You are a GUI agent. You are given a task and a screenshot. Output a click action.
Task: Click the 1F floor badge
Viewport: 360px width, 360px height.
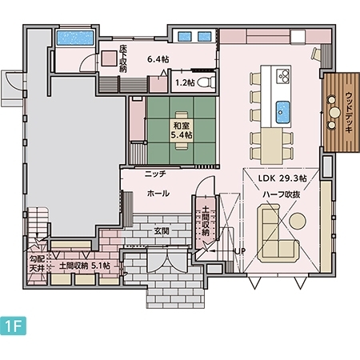pos(13,326)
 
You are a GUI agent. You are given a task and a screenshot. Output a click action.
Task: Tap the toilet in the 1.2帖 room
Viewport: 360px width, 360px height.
pos(206,82)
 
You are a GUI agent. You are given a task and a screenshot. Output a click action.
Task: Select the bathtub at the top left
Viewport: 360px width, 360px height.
pos(75,38)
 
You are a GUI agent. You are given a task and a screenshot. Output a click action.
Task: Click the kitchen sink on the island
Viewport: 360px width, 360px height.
pos(282,112)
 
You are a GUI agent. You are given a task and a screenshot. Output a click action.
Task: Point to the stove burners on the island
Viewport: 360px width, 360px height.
pos(283,76)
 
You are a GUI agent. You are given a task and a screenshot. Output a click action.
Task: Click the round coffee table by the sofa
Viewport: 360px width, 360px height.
pos(298,222)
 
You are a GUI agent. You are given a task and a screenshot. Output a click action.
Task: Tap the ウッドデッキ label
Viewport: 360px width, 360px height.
pos(349,112)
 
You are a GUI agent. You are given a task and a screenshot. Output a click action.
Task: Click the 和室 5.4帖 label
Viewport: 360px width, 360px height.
pos(182,130)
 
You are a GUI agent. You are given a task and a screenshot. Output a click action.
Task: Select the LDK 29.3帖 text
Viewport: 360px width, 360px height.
pos(282,178)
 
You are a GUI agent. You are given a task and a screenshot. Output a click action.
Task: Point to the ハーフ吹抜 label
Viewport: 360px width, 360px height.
pos(282,194)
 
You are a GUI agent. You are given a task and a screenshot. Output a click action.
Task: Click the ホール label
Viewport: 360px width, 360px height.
pos(158,194)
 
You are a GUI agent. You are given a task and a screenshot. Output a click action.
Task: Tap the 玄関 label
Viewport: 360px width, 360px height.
pos(162,231)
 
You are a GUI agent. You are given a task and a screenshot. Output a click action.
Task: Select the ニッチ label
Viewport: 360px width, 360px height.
pos(155,174)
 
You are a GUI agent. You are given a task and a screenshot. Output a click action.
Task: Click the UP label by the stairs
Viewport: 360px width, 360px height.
pos(240,251)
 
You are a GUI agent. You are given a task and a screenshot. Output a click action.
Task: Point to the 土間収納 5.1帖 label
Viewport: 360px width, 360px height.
pos(84,266)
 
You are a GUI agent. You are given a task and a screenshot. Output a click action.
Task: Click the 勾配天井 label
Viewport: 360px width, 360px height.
pos(37,263)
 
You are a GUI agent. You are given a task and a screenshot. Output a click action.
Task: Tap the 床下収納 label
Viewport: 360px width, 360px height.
pos(123,58)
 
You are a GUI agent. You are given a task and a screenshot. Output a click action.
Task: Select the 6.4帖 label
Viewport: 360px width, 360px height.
pos(158,59)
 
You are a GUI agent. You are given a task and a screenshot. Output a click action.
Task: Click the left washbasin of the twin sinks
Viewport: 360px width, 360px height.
pos(185,36)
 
